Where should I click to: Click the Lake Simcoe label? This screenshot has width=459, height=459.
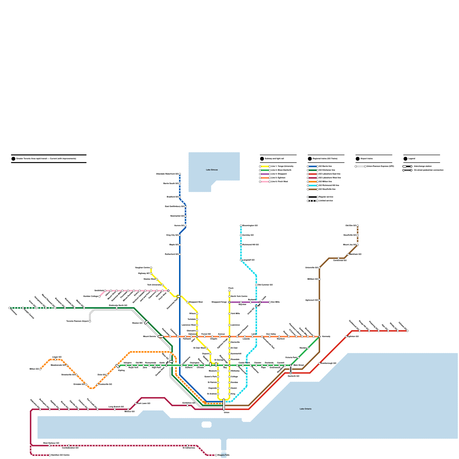(x=212, y=170)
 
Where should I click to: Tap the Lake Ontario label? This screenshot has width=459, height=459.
(x=306, y=409)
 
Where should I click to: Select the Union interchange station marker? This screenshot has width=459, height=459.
(x=224, y=404)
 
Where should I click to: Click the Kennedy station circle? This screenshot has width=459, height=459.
(x=319, y=337)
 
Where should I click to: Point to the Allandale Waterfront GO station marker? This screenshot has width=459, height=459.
(x=180, y=174)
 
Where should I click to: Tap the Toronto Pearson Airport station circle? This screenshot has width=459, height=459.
(x=90, y=321)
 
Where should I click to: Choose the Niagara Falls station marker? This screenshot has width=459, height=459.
(x=216, y=455)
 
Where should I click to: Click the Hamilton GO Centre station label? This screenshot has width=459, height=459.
(x=60, y=455)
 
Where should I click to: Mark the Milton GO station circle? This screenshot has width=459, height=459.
(x=40, y=369)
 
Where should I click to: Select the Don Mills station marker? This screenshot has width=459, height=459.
(x=270, y=302)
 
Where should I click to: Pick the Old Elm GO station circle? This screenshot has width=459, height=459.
(x=358, y=226)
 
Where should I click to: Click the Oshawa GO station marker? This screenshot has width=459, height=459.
(x=407, y=331)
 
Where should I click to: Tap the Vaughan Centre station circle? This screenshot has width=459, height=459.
(x=151, y=268)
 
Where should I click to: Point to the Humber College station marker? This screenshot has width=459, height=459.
(x=100, y=296)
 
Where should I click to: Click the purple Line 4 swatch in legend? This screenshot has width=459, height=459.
(x=265, y=174)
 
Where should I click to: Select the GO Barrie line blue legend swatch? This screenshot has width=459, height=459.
(x=313, y=166)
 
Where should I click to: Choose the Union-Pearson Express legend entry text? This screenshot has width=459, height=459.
(x=380, y=166)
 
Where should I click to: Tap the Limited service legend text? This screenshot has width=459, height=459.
(x=326, y=201)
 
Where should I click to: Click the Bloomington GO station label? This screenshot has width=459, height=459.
(x=250, y=226)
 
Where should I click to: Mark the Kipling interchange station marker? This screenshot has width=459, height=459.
(x=117, y=366)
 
